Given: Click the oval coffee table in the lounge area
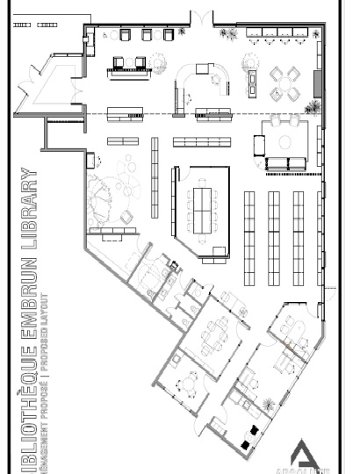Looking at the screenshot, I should [284, 140].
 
